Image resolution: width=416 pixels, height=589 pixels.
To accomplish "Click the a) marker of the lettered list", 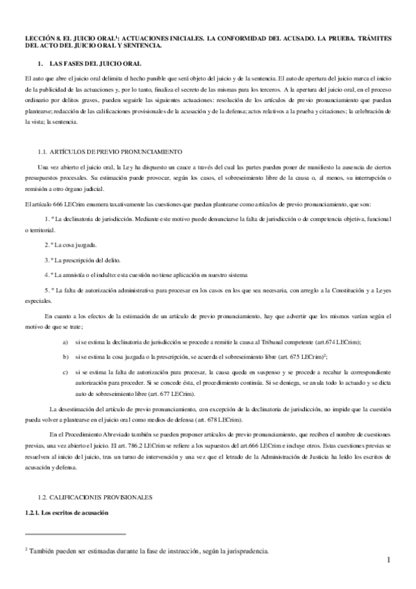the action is [x=65, y=343].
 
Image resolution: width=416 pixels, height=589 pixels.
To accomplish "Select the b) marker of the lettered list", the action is [x=65, y=356].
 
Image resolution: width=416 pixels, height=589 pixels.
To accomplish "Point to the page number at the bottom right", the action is [x=390, y=561].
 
